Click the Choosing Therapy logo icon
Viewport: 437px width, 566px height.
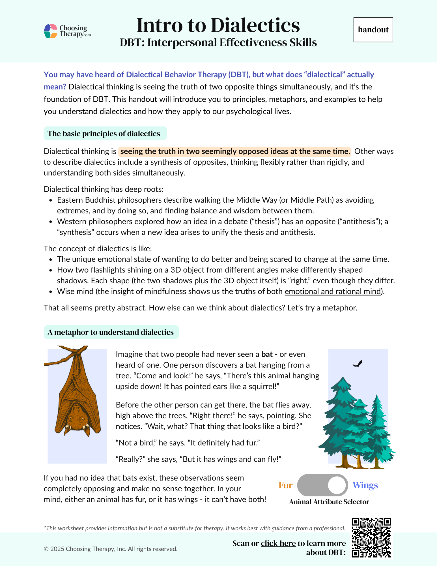[x=51, y=31]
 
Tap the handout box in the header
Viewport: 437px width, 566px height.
[x=373, y=30]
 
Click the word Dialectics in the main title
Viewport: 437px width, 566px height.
[x=255, y=25]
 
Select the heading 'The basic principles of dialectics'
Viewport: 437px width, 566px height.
[x=104, y=134]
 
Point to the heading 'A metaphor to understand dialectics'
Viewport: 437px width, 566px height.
[x=111, y=332]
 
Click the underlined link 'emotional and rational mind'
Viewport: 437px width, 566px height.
[x=333, y=291]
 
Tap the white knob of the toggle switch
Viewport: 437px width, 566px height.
[x=337, y=485]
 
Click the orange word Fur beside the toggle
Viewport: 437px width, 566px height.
[x=285, y=485]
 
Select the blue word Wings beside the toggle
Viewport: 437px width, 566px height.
[x=365, y=485]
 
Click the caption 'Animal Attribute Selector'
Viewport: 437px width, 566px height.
[x=329, y=502]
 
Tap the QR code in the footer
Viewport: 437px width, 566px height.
[x=371, y=538]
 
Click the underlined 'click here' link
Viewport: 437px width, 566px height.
[x=278, y=543]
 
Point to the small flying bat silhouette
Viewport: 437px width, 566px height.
[x=358, y=364]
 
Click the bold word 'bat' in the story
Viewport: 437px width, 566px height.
[x=267, y=354]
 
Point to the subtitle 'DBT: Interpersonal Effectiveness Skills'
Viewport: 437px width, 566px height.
[x=218, y=42]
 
